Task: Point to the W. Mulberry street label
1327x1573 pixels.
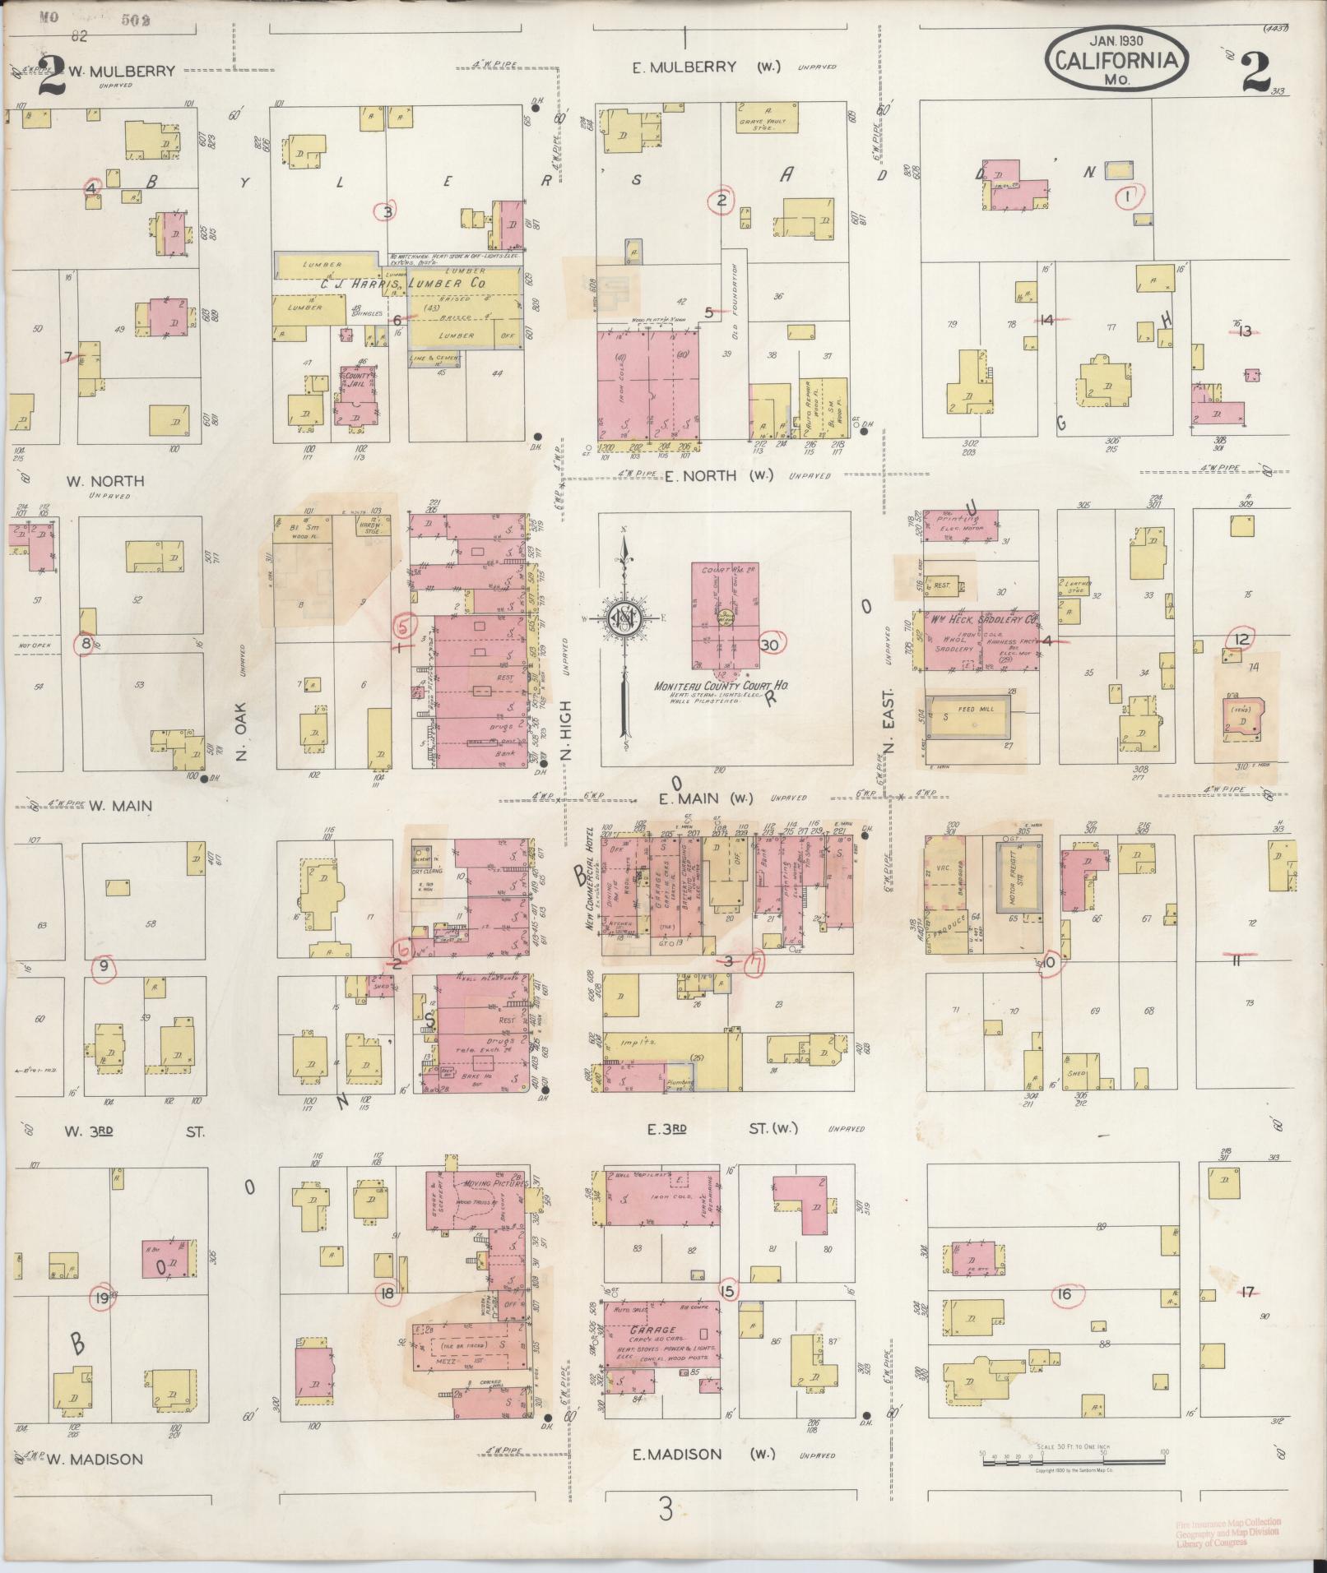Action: tap(121, 71)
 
